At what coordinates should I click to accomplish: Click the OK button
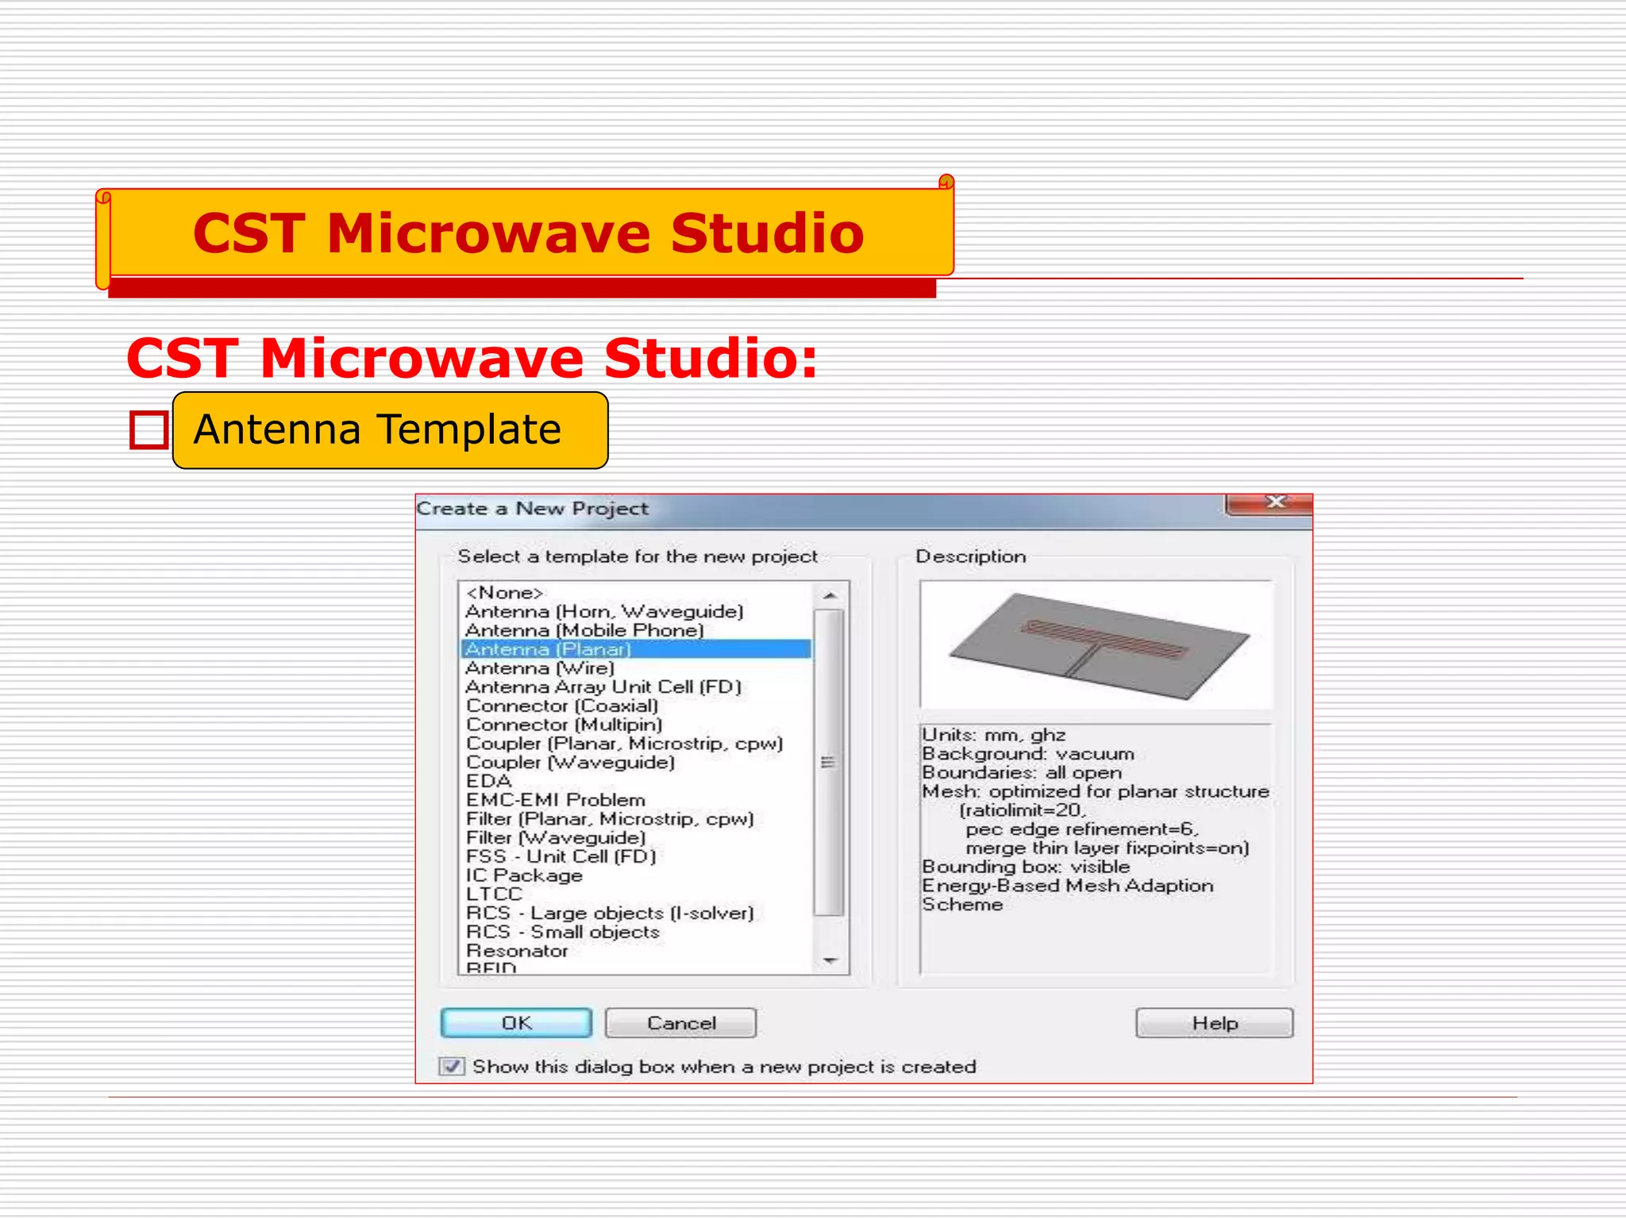click(x=516, y=1023)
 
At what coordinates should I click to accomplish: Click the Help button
click(x=1214, y=1023)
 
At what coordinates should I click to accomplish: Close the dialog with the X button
click(x=1275, y=502)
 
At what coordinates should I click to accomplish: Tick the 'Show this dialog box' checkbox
click(x=452, y=1066)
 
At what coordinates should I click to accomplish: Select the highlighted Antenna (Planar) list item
click(x=548, y=649)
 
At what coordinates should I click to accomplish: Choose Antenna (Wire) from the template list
click(x=540, y=668)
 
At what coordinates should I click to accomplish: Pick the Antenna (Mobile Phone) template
click(x=584, y=630)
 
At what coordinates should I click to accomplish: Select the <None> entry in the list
click(x=505, y=593)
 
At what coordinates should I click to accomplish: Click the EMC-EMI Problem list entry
click(x=556, y=800)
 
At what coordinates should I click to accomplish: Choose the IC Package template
click(x=524, y=875)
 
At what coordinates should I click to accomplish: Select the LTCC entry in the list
click(x=494, y=894)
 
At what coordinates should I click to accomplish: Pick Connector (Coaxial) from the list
click(x=562, y=706)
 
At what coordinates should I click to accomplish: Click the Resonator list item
click(x=517, y=951)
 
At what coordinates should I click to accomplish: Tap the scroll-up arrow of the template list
click(x=830, y=595)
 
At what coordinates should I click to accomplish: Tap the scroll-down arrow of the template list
click(x=830, y=960)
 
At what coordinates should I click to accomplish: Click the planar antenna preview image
click(x=1096, y=644)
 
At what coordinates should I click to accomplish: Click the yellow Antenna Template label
click(x=390, y=430)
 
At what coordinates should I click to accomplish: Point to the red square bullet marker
click(x=148, y=430)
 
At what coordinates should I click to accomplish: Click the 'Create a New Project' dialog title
click(x=532, y=509)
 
